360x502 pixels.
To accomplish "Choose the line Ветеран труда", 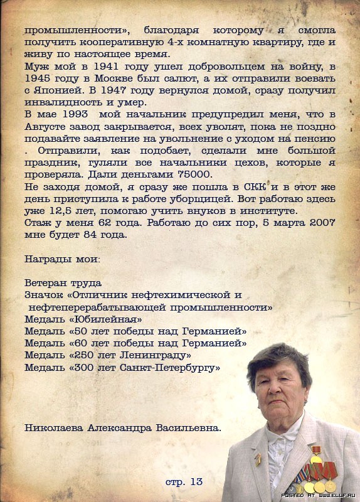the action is click(63, 283).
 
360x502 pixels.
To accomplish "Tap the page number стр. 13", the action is click(184, 481).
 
